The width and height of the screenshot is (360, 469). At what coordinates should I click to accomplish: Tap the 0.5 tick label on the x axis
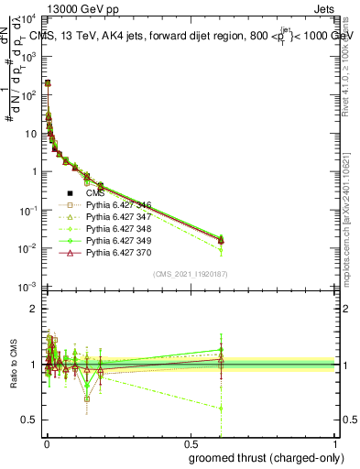point(190,443)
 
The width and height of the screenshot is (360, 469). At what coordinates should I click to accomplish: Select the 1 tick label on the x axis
point(335,443)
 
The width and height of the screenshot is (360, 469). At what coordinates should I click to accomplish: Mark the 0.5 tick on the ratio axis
point(29,420)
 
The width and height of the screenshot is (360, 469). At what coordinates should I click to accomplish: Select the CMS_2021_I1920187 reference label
point(190,274)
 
